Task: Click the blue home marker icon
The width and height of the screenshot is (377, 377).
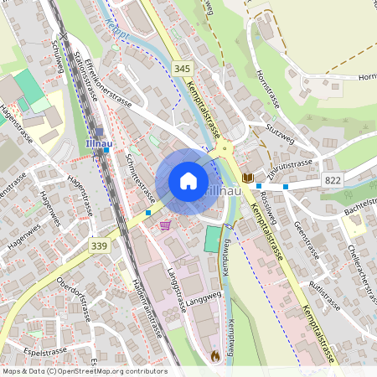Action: click(x=188, y=181)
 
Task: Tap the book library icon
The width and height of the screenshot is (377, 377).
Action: click(x=248, y=178)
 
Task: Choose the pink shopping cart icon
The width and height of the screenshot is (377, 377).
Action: click(x=165, y=225)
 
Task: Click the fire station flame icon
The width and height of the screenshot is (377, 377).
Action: click(x=215, y=355)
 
